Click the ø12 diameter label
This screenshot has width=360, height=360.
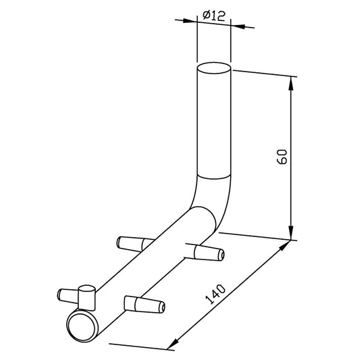[213, 16]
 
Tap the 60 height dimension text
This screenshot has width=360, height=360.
[282, 157]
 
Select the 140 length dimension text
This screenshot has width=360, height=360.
[215, 294]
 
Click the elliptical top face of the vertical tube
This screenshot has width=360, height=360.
[214, 68]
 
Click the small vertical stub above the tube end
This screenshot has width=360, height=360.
[86, 298]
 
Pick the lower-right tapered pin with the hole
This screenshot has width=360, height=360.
[145, 305]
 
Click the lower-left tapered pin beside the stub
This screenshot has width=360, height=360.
[68, 296]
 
